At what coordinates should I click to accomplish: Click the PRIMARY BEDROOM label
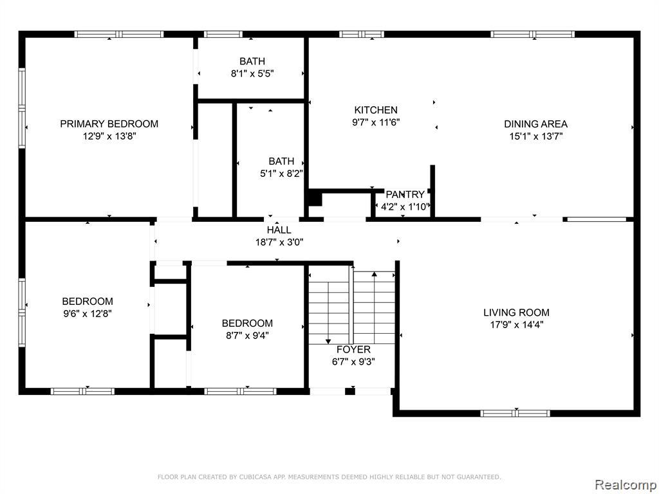pyautogui.click(x=109, y=124)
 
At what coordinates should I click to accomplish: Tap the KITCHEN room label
pyautogui.click(x=376, y=110)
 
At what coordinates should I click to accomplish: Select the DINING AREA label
pyautogui.click(x=536, y=124)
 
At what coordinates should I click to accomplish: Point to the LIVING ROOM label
pyautogui.click(x=516, y=313)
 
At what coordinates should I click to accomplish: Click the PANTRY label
pyautogui.click(x=405, y=194)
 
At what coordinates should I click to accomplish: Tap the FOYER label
pyautogui.click(x=353, y=349)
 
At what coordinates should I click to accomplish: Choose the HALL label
pyautogui.click(x=279, y=230)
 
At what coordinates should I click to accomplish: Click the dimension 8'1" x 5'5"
pyautogui.click(x=252, y=73)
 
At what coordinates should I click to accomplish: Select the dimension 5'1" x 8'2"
pyautogui.click(x=282, y=174)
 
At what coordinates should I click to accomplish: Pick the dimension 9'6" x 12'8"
pyautogui.click(x=88, y=314)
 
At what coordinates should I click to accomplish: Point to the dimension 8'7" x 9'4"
pyautogui.click(x=247, y=336)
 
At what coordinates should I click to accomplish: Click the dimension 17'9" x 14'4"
pyautogui.click(x=517, y=325)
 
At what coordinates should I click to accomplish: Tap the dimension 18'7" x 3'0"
pyautogui.click(x=279, y=242)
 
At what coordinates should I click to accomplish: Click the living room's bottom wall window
pyautogui.click(x=515, y=414)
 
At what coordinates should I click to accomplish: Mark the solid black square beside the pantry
pyautogui.click(x=315, y=198)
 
